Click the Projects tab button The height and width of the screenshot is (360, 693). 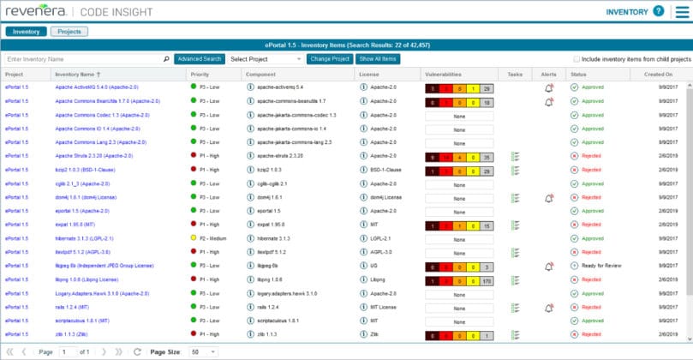(69, 32)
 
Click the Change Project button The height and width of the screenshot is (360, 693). (330, 59)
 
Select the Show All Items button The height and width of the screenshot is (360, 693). (378, 59)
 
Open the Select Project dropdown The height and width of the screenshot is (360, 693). (266, 59)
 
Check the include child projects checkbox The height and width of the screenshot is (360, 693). (576, 59)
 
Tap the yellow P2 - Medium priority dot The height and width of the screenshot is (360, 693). (194, 238)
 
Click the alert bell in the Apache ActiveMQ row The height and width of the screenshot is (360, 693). (548, 87)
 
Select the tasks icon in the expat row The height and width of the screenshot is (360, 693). (515, 225)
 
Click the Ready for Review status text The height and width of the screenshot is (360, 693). (605, 266)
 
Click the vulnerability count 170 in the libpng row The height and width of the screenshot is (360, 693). (486, 279)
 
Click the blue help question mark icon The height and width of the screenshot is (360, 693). (658, 12)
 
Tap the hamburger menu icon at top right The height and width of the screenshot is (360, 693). (682, 12)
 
